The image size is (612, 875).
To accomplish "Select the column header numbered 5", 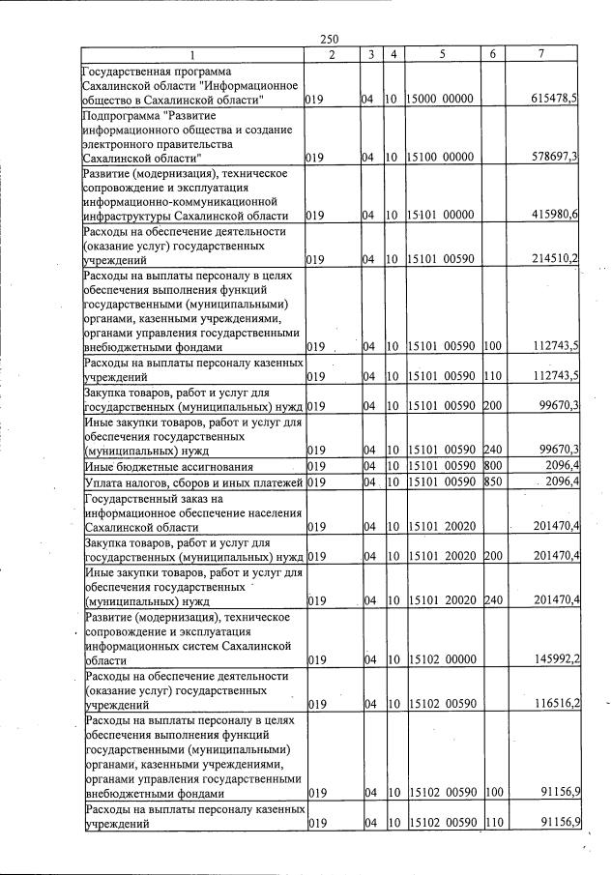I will click(441, 54).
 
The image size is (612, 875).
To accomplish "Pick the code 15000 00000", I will click(441, 100).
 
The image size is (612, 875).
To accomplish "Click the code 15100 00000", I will click(441, 157).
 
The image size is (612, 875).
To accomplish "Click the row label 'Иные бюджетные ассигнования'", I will click(168, 467).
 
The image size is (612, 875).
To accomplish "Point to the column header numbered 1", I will click(191, 54).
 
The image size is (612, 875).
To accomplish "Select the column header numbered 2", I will click(332, 54).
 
